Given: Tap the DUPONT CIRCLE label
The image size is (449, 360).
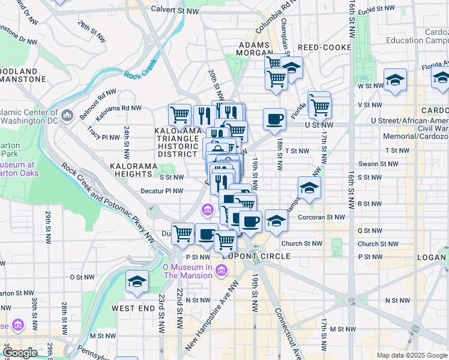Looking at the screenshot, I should (260, 256).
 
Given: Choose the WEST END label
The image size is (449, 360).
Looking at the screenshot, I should (133, 308).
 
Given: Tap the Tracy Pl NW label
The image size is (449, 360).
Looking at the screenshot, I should (103, 133).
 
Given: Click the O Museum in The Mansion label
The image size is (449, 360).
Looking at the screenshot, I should (188, 271).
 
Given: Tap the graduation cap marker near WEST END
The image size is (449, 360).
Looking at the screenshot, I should (137, 281).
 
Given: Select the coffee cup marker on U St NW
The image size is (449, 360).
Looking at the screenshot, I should (274, 119).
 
